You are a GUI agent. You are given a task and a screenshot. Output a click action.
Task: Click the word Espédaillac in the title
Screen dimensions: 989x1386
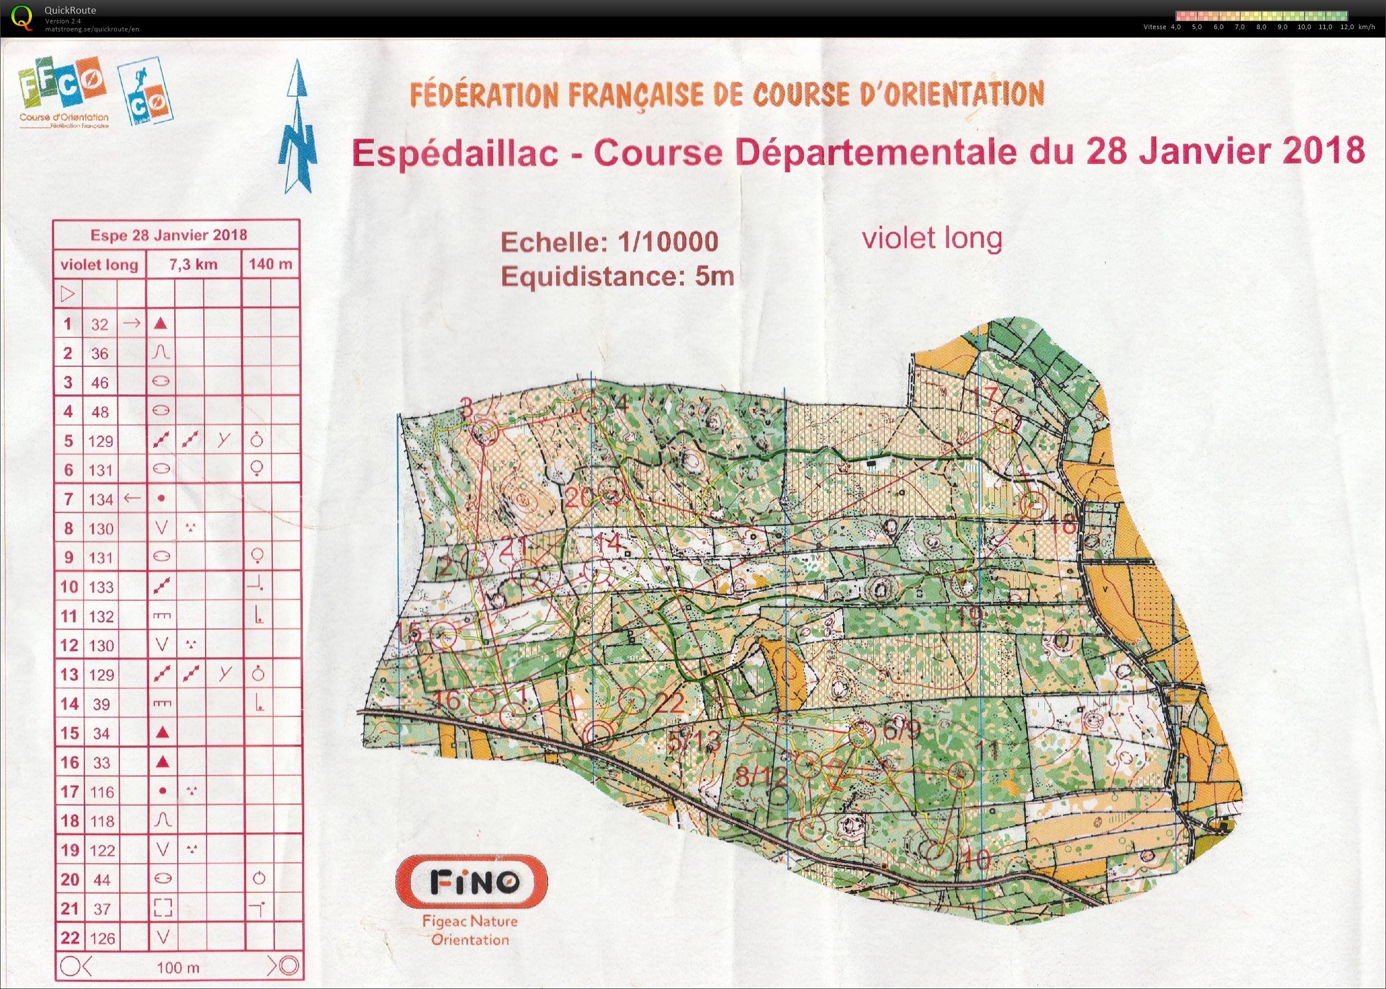(x=454, y=153)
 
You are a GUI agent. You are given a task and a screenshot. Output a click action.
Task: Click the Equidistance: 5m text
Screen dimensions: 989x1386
(x=617, y=277)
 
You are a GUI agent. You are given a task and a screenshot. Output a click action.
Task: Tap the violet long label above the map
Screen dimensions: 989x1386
(x=932, y=238)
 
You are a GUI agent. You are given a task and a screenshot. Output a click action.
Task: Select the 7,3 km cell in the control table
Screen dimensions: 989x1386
(x=193, y=265)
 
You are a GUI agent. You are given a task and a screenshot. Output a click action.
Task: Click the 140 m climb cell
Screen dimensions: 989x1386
(x=271, y=265)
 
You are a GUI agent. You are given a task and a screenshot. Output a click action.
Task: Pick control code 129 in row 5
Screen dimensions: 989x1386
(x=101, y=441)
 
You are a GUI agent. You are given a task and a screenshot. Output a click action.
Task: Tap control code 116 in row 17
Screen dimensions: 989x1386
(x=101, y=792)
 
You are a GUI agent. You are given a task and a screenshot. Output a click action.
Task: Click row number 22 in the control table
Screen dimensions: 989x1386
(x=70, y=938)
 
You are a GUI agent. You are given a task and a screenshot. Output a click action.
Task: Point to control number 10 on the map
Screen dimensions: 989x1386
(x=978, y=859)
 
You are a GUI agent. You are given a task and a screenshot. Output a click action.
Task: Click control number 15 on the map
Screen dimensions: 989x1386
(x=411, y=633)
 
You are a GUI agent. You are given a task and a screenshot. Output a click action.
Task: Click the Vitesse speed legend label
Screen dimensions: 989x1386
(x=1154, y=27)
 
